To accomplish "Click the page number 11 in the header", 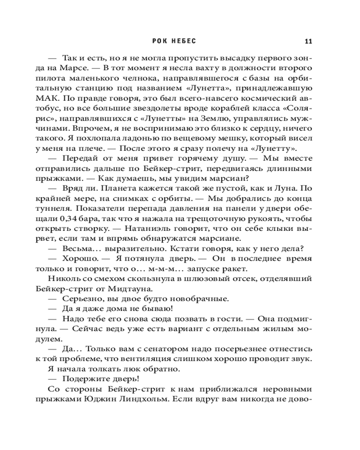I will pyautogui.click(x=308, y=42).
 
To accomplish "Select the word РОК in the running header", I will pyautogui.click(x=161, y=42).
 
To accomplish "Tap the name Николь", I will pyautogui.click(x=62, y=278).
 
